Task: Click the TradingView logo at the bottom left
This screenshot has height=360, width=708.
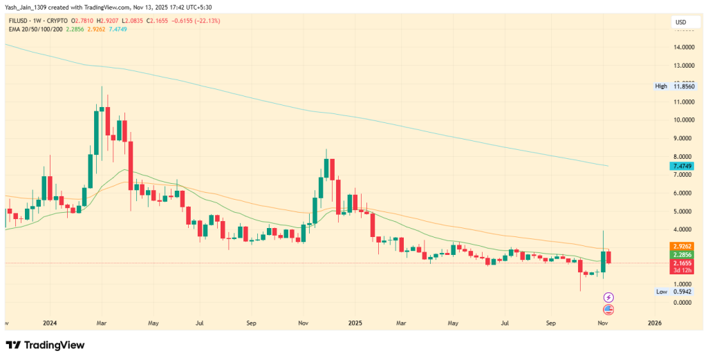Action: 46,345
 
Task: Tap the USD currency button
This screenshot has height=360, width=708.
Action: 680,23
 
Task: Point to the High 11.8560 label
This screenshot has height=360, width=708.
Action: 673,86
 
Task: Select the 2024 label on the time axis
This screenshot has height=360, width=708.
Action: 49,323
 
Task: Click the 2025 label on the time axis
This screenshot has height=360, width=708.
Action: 355,323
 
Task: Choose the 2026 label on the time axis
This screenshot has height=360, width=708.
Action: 653,323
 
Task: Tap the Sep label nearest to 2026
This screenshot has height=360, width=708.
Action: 551,323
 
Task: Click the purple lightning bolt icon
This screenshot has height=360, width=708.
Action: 608,297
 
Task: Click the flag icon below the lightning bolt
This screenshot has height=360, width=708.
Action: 608,309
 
